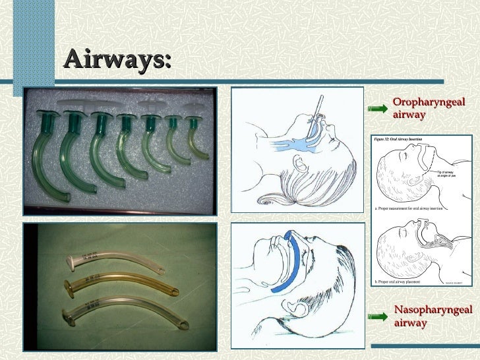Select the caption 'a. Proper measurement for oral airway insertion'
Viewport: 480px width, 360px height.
pyautogui.click(x=410, y=208)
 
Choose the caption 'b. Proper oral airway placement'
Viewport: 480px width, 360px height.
pyautogui.click(x=402, y=282)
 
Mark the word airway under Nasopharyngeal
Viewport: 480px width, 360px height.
pyautogui.click(x=410, y=323)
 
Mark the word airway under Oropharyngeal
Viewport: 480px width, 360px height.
pyautogui.click(x=409, y=115)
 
